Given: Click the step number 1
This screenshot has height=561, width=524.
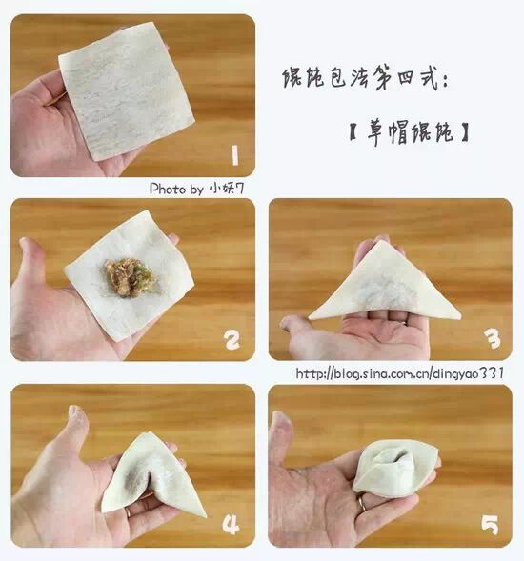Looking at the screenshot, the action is (x=234, y=155).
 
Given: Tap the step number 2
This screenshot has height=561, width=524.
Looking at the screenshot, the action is (x=232, y=339).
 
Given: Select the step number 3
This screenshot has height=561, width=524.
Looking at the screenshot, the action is (x=493, y=338).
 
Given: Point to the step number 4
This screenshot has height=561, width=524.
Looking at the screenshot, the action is (x=231, y=525).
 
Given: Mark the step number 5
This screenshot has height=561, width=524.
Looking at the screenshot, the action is (x=490, y=525).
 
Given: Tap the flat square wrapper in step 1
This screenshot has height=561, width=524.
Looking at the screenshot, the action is (x=127, y=90).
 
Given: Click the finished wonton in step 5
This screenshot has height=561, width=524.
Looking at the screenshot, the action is (x=395, y=468).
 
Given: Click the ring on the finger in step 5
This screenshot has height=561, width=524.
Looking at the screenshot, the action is (x=362, y=502).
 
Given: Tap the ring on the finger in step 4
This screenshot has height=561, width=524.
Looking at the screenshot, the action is (x=128, y=512).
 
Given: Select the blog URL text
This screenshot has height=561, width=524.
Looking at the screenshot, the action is (x=400, y=373).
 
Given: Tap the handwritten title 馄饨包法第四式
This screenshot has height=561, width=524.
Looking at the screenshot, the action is (x=365, y=77).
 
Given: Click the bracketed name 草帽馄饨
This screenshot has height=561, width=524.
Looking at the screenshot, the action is (x=409, y=133).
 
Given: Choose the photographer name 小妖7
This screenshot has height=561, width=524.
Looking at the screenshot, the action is (x=227, y=189).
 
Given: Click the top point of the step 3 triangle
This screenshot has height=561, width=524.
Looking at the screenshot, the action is (x=382, y=240).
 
